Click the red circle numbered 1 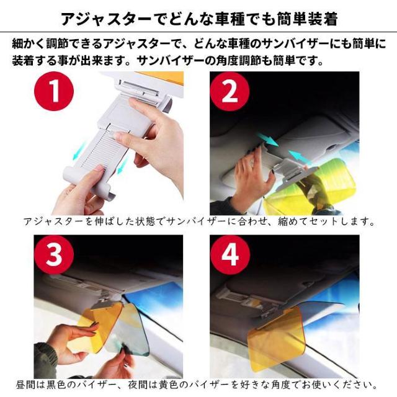click(x=54, y=91)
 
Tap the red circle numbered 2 click(x=230, y=91)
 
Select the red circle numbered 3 click(x=54, y=255)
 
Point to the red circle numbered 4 click(x=230, y=255)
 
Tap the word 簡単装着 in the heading click(x=307, y=19)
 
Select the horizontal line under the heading click(x=198, y=32)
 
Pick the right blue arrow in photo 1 click(x=123, y=164)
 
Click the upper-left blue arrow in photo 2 click(x=268, y=139)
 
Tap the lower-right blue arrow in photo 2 click(x=299, y=157)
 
